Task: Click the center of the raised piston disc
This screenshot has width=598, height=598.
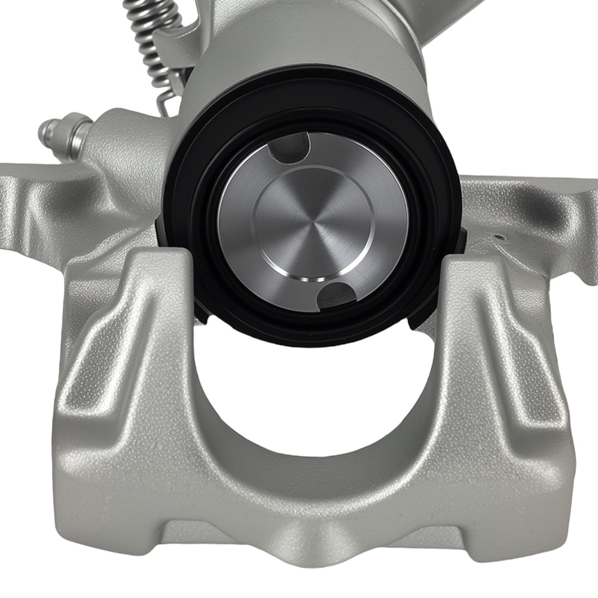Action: (311, 230)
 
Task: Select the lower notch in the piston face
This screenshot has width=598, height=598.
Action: (335, 295)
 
